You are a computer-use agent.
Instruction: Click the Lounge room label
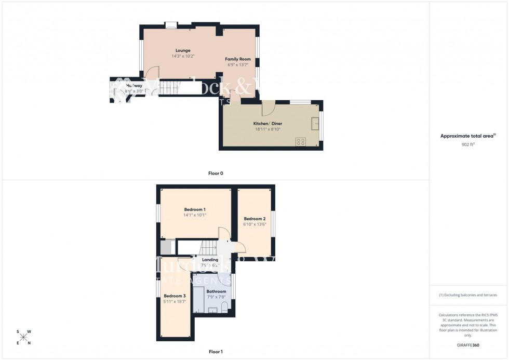182,50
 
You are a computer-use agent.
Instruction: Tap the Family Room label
238,59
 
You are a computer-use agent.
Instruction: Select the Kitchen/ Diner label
267,123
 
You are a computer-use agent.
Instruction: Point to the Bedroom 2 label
254,219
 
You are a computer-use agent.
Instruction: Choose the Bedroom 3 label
175,296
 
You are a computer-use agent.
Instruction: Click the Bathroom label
216,291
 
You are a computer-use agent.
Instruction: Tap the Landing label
210,260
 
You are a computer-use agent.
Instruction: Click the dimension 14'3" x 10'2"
182,56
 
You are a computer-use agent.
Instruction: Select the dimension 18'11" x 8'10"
267,129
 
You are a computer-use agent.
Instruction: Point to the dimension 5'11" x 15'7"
175,302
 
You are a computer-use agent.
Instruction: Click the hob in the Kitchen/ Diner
300,140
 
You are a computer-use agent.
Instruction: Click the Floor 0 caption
216,173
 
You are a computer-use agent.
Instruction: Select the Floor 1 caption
216,352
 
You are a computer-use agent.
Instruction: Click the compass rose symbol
23,337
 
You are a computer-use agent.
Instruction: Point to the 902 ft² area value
468,144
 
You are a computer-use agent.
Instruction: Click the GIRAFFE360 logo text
468,345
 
